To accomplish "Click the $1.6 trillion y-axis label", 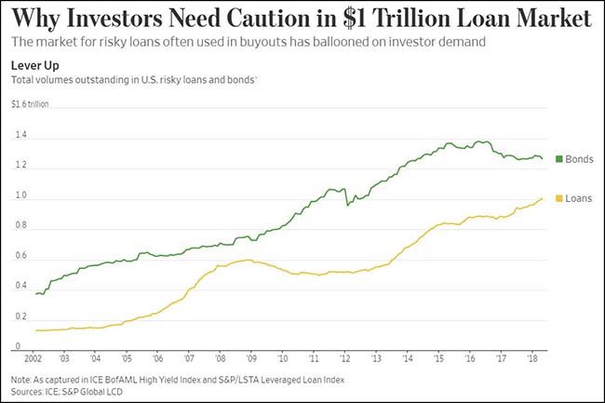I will [x=31, y=104].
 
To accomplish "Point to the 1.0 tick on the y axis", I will [x=20, y=196].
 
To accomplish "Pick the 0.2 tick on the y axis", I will [x=20, y=316].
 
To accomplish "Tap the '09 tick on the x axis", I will [x=251, y=356].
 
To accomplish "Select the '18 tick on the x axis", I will [x=533, y=356].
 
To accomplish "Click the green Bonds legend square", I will [x=558, y=159].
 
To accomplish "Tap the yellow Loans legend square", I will [x=558, y=198].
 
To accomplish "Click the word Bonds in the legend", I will [x=579, y=159].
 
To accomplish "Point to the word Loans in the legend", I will [x=579, y=198].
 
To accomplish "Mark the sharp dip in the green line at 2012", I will [x=347, y=205].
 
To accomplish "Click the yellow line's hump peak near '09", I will [x=249, y=260].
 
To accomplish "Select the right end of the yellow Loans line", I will [x=544, y=198].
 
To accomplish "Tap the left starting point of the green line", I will [x=36, y=294].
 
